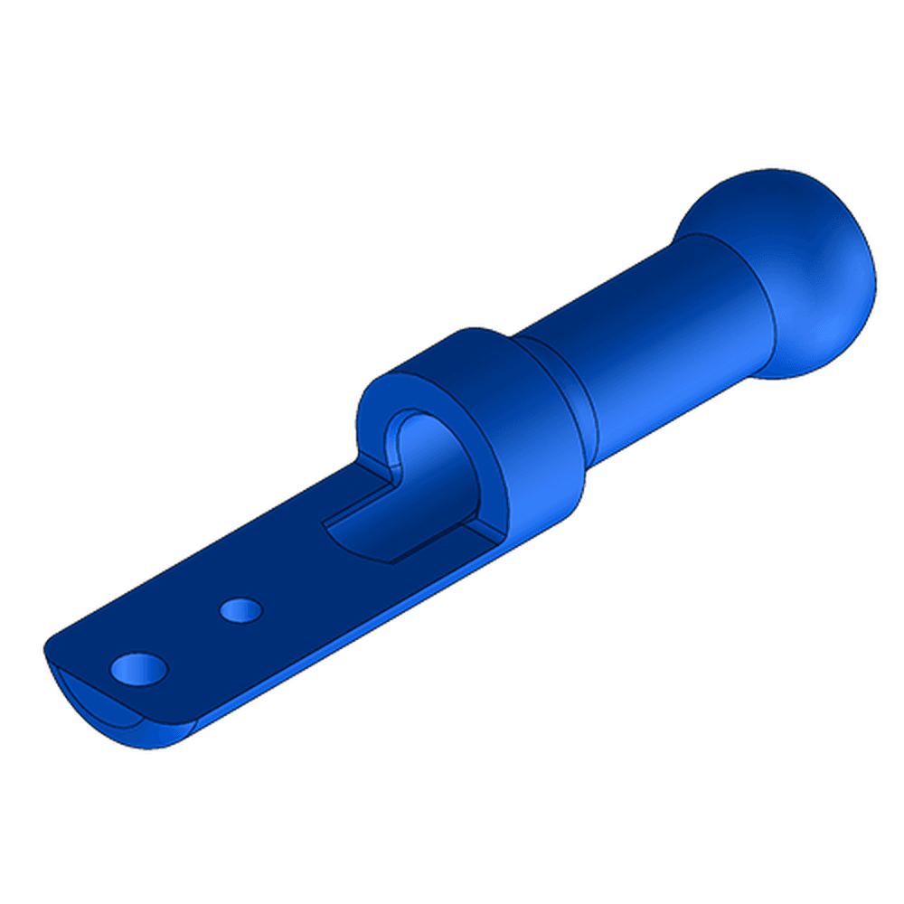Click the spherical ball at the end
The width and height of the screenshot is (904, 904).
(796, 262)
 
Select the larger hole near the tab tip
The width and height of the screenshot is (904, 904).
(138, 670)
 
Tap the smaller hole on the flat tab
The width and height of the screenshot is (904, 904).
(240, 609)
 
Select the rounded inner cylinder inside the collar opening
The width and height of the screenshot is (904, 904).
(443, 470)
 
